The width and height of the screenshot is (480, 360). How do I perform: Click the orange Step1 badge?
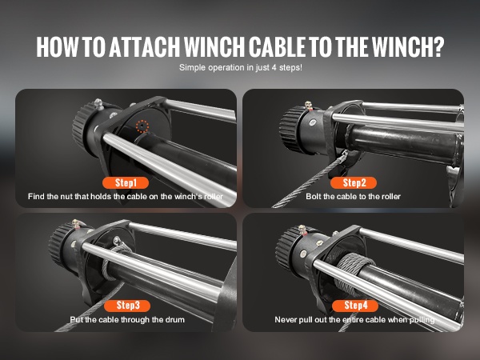126,182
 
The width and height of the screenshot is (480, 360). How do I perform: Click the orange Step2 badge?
354,182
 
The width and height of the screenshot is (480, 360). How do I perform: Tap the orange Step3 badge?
127,306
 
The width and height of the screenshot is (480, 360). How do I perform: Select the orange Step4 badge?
355,306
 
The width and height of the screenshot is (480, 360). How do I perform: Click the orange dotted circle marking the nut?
142,126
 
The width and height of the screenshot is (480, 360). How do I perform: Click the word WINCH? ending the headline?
408,47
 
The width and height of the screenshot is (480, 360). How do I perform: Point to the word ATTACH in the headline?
144,47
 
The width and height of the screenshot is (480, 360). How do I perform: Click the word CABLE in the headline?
277,47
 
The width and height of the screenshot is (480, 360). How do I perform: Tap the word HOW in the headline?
58,47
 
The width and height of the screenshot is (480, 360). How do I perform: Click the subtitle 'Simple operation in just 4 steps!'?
240,67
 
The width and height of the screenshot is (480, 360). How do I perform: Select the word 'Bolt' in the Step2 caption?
313,196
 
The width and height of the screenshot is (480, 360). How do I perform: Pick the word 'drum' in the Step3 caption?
175,319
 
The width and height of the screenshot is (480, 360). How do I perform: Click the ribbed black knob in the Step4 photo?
286,249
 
